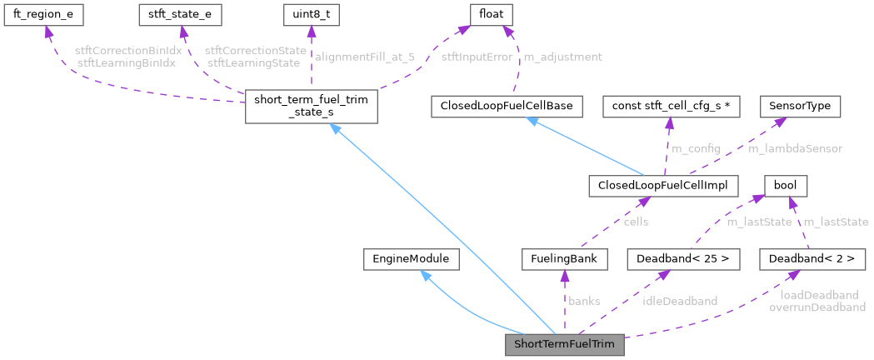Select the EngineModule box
pos(412,259)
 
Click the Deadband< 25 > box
pos(683,259)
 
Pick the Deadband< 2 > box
pos(812,259)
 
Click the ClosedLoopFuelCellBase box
pos(506,107)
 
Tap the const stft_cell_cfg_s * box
pos(665,107)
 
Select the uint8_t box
pos(311,14)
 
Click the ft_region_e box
pos(47,14)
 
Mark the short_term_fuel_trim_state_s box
pos(311,107)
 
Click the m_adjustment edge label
pos(562,57)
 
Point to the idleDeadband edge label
pos(679,301)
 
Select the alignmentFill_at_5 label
pos(364,57)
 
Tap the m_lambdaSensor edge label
pos(795,148)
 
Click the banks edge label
pos(583,301)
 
